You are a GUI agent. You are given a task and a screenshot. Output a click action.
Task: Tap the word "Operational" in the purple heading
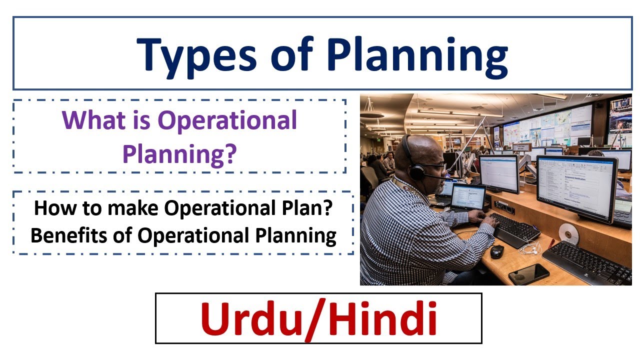coord(227,120)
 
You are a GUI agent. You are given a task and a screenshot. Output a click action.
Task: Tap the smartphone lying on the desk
coord(528,273)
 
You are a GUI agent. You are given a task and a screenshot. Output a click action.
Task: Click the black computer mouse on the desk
coord(497,251)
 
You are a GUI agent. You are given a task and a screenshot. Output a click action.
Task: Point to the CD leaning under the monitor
coord(568,233)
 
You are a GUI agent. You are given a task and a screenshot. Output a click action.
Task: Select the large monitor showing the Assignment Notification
coord(576,187)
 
